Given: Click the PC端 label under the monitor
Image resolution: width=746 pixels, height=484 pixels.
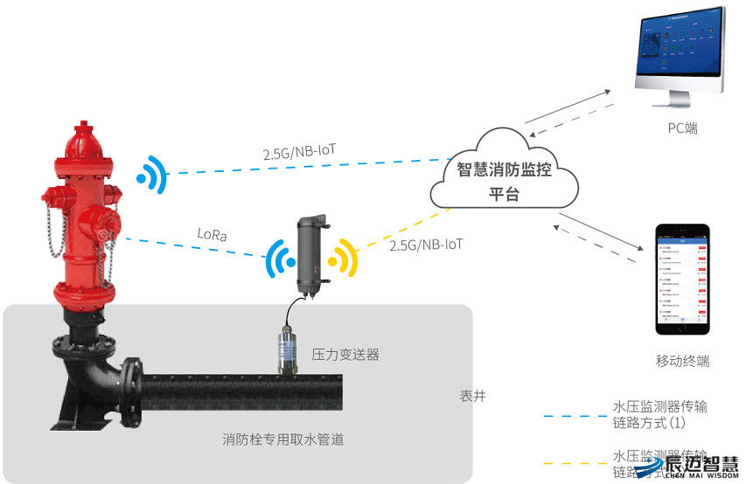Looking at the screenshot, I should [x=682, y=128].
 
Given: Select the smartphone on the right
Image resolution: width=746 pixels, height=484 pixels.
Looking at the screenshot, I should [x=683, y=279].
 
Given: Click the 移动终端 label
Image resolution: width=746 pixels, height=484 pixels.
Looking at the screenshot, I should [x=682, y=361].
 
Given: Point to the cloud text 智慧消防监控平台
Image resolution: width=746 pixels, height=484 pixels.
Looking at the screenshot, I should [x=504, y=181].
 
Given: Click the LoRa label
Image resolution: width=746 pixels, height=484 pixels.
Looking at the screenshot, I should [x=213, y=234].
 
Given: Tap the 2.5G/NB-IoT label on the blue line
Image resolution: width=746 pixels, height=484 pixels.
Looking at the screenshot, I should [x=299, y=152].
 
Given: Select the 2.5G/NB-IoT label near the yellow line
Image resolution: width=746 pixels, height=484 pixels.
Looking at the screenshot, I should [x=426, y=245].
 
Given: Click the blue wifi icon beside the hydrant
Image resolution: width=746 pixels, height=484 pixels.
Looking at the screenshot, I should [x=151, y=175].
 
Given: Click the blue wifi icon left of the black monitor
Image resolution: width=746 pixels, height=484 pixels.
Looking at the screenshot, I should [x=280, y=258].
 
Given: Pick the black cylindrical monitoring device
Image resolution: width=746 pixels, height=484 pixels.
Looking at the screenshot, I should [x=310, y=252].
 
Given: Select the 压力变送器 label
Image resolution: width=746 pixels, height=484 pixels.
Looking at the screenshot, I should [x=345, y=356].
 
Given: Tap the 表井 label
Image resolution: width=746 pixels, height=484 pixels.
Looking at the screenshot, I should [x=472, y=396].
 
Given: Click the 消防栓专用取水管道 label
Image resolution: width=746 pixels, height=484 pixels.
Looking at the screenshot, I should [x=282, y=439].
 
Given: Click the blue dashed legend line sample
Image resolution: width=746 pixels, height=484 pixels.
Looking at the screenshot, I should [x=572, y=415].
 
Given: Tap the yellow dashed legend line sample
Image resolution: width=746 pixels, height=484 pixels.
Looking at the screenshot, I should [x=572, y=463].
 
